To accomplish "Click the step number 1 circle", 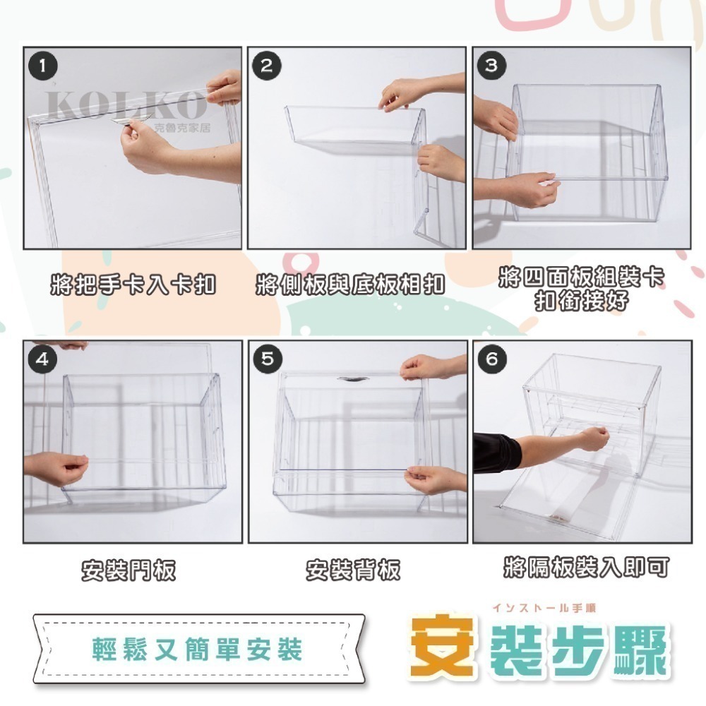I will pyautogui.click(x=44, y=66).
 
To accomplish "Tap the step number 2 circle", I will pyautogui.click(x=267, y=66).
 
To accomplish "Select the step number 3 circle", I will pyautogui.click(x=491, y=66).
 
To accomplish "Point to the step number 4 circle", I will pyautogui.click(x=44, y=359).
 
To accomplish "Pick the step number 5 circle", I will pyautogui.click(x=267, y=359).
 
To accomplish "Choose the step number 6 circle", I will pyautogui.click(x=491, y=359).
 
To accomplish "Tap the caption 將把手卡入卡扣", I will pyautogui.click(x=133, y=286).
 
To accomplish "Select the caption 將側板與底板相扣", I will pyautogui.click(x=350, y=286).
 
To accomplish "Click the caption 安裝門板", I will pyautogui.click(x=128, y=570).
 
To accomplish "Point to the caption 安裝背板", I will pyautogui.click(x=353, y=570).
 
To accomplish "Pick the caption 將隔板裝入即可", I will pyautogui.click(x=586, y=567).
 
